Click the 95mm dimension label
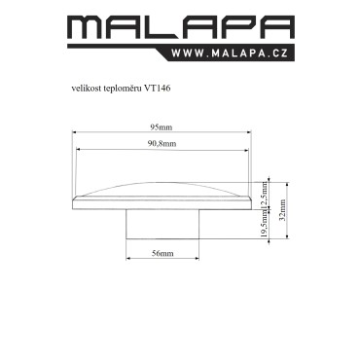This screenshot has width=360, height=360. pyautogui.click(x=162, y=127)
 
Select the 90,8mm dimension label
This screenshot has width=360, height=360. pyautogui.click(x=162, y=144)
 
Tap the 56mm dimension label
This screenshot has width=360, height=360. pyautogui.click(x=162, y=253)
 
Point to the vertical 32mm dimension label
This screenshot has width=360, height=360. pyautogui.click(x=282, y=210)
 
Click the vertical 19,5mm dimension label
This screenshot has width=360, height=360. pyautogui.click(x=265, y=224)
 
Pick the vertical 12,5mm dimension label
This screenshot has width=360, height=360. pyautogui.click(x=265, y=195)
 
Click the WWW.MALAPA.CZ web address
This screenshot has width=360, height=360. pyautogui.click(x=230, y=54)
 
